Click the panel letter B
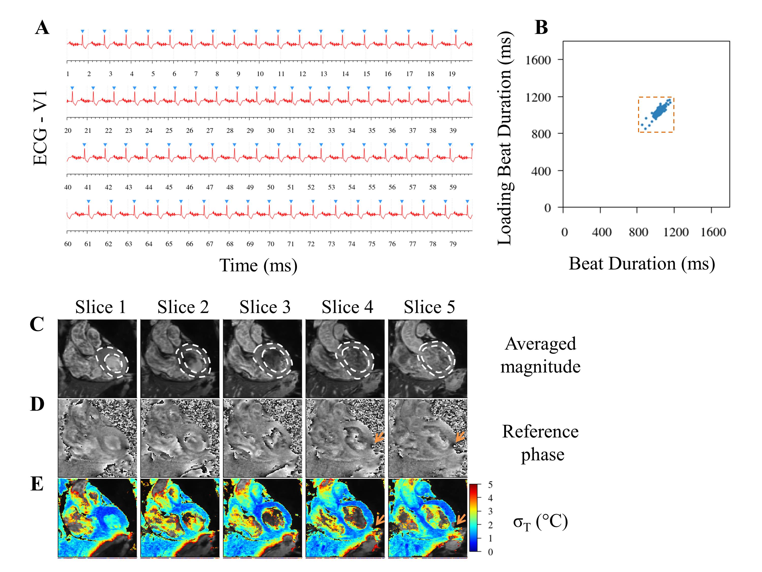click(541, 27)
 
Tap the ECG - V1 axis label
click(40, 128)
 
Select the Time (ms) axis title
click(258, 265)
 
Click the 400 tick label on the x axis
click(601, 232)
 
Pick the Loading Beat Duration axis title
click(505, 138)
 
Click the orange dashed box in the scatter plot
click(656, 114)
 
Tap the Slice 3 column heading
click(265, 307)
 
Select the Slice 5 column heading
click(429, 307)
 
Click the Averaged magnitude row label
click(540, 355)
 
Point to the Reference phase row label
click(540, 443)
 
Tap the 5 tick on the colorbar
click(490, 485)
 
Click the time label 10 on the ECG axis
click(260, 74)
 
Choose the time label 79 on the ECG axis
click(453, 244)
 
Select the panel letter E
click(37, 484)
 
